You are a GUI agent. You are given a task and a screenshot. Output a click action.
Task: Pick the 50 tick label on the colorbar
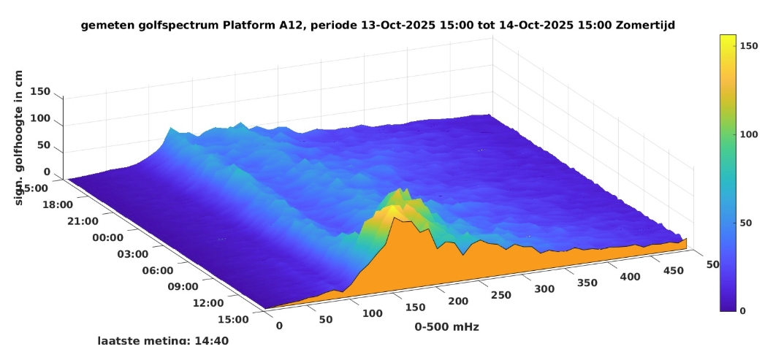pos(748,222)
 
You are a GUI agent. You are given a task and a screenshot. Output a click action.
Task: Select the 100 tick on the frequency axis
pos(373,313)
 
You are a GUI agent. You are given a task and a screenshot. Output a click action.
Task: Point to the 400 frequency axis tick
pos(632,277)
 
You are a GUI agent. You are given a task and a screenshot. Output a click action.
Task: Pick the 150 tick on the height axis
pos(40,91)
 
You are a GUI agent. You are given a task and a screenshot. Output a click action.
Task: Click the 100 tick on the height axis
pos(40,118)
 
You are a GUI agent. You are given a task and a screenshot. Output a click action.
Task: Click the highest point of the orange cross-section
pos(395,218)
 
